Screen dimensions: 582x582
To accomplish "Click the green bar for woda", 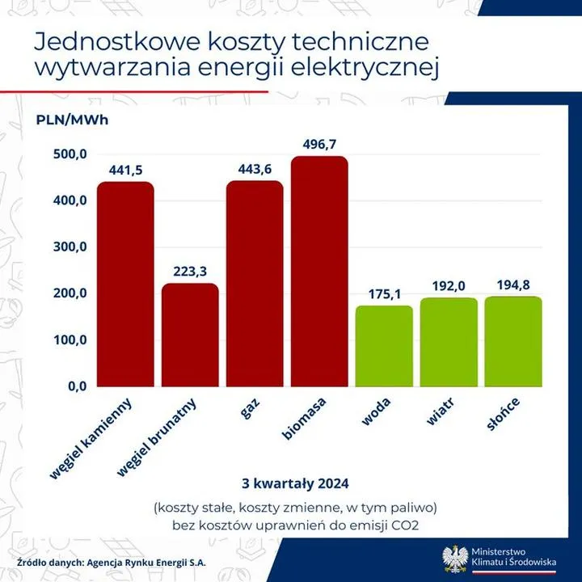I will click(384, 345).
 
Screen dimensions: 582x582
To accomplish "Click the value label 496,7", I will click(319, 144).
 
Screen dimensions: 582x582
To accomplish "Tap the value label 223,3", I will click(190, 271).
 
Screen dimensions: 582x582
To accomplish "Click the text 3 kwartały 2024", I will click(295, 484).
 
